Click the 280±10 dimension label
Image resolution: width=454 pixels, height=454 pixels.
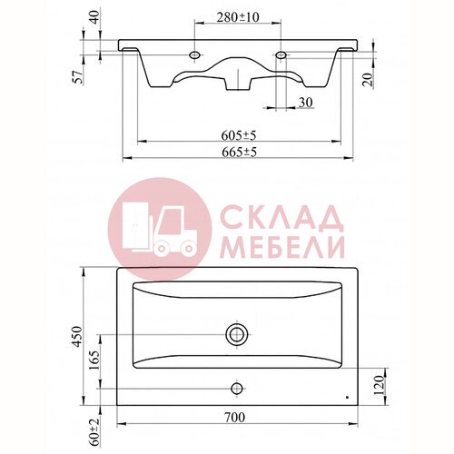click(x=238, y=17)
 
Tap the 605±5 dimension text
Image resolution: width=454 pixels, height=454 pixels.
click(x=239, y=135)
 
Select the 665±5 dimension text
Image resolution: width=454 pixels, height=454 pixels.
click(x=239, y=152)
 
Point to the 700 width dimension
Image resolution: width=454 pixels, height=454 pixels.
click(x=235, y=418)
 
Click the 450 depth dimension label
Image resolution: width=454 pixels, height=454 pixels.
click(x=78, y=337)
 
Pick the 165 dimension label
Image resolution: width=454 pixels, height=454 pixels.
click(x=95, y=360)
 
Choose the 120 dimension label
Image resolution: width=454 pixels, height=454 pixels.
click(x=379, y=385)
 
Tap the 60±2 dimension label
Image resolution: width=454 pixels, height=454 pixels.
click(x=94, y=432)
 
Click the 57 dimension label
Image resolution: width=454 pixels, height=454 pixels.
click(x=78, y=77)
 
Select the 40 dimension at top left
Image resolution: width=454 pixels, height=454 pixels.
click(x=95, y=17)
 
